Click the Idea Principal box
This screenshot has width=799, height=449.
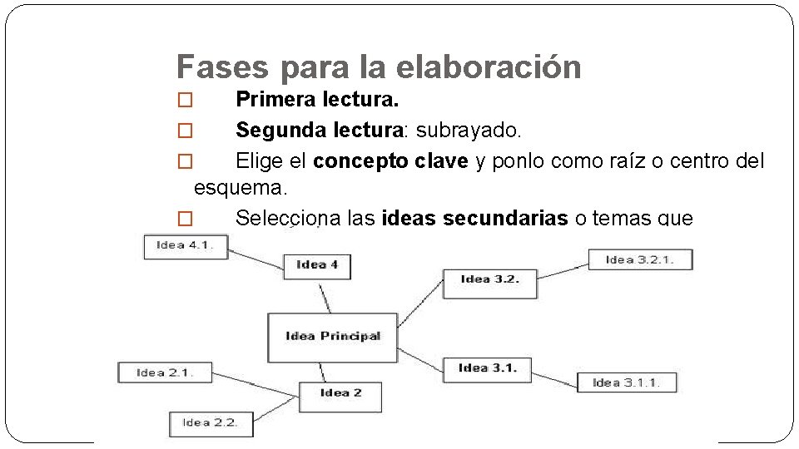click(x=332, y=337)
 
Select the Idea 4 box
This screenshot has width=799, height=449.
click(x=317, y=264)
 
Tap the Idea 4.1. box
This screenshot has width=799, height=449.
click(x=185, y=245)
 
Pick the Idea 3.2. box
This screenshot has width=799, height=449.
click(x=489, y=279)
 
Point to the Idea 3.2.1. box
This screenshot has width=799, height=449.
click(x=639, y=259)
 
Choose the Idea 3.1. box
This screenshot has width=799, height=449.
click(x=487, y=368)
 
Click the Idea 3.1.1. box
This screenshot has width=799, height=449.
click(x=626, y=382)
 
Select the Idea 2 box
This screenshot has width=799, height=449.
click(x=340, y=392)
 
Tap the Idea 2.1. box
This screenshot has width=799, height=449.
click(x=165, y=373)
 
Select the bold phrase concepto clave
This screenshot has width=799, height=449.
click(x=390, y=160)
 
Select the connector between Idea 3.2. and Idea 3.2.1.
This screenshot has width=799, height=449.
click(x=563, y=269)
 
